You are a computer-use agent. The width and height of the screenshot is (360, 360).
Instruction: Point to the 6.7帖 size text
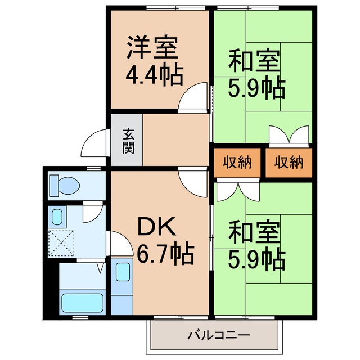pos(165,254)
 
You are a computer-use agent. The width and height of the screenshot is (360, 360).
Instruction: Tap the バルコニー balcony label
pos(218,336)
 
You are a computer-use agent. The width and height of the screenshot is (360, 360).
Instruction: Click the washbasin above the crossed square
pos(57,216)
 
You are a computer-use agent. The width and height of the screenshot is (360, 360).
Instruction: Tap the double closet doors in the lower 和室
pos(231,192)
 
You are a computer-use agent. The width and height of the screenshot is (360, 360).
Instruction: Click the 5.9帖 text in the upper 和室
pos(256,88)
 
